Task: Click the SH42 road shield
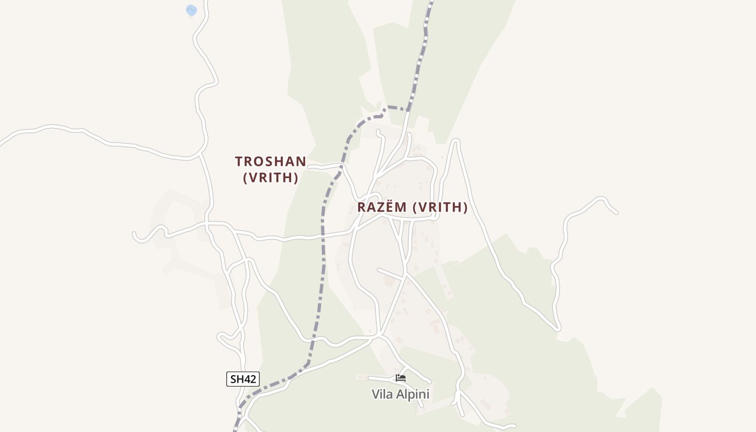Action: click(x=243, y=379)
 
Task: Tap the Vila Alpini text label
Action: click(x=400, y=394)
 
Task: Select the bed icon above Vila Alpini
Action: click(x=400, y=378)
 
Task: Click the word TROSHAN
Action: click(x=271, y=161)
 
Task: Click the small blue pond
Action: click(x=191, y=10)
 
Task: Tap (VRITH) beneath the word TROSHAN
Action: click(x=271, y=178)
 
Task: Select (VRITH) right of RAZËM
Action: click(x=440, y=207)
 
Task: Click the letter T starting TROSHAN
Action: click(x=239, y=161)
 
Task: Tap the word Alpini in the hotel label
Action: click(x=413, y=394)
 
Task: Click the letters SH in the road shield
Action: click(x=237, y=379)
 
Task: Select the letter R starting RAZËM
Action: click(x=361, y=207)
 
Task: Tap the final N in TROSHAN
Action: click(x=301, y=161)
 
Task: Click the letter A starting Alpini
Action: click(x=401, y=394)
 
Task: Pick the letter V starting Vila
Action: click(x=375, y=394)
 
